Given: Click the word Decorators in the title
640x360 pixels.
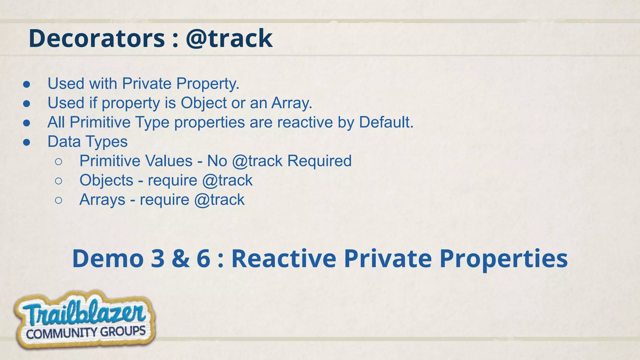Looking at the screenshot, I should [x=97, y=38].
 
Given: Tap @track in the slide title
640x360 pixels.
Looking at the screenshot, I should [x=229, y=38].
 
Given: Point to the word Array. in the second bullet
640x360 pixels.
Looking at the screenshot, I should [x=292, y=103].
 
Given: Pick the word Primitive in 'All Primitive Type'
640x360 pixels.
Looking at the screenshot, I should [x=100, y=122].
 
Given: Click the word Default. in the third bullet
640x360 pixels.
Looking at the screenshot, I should [x=386, y=122].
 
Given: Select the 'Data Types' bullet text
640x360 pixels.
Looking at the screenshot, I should [x=87, y=142].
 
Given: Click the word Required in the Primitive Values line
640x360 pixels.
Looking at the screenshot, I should [x=319, y=161].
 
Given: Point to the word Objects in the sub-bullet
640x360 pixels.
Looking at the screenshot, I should [x=106, y=180].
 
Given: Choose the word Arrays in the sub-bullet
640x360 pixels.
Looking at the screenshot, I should [x=102, y=200].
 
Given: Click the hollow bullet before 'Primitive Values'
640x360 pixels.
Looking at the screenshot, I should [x=58, y=162].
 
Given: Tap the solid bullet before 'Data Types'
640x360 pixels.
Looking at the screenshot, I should [x=27, y=142].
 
